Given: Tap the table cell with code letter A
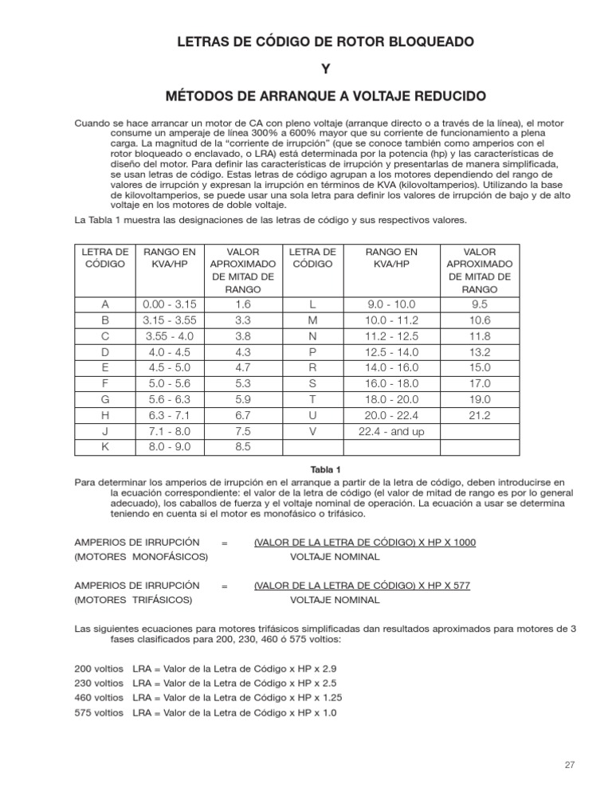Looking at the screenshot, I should click(x=105, y=304).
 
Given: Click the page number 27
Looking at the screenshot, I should click(x=568, y=766).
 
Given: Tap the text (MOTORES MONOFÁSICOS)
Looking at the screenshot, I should click(x=141, y=555).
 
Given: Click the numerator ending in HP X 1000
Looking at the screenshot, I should click(x=364, y=542).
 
